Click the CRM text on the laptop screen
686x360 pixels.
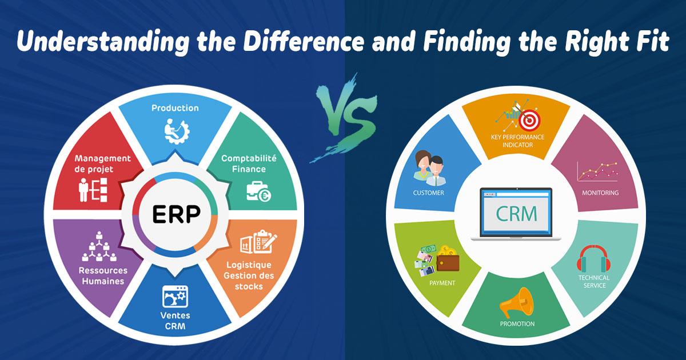point(516,214)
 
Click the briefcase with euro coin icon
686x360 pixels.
point(258,191)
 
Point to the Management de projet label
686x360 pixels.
point(103,163)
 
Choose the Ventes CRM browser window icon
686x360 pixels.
point(176,295)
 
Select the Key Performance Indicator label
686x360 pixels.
point(517,141)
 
